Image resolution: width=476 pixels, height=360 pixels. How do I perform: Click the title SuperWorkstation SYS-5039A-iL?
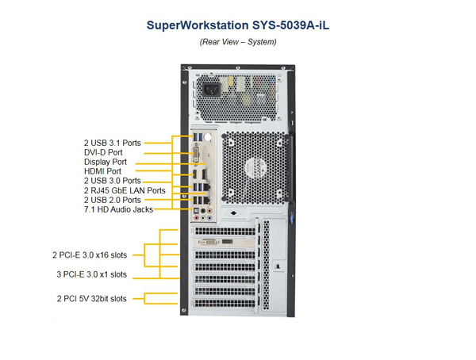point(238,25)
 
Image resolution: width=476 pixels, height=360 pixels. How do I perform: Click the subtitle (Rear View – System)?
point(238,41)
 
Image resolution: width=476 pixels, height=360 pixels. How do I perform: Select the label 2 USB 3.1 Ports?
point(113,143)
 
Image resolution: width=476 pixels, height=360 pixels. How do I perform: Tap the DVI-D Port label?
point(104,152)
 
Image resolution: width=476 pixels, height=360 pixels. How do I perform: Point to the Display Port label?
point(106,162)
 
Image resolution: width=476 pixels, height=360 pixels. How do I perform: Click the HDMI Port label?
point(103,171)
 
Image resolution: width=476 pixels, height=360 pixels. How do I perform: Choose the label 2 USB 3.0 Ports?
point(113,181)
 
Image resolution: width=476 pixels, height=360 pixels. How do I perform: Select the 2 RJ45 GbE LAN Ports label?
point(125,190)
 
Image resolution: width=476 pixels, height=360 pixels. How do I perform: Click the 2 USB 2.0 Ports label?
point(113,200)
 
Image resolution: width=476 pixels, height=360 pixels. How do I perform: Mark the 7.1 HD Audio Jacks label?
point(118,209)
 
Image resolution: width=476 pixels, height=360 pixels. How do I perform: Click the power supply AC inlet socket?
point(213,89)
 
